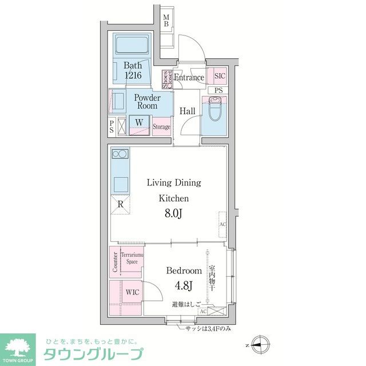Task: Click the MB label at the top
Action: (166, 21)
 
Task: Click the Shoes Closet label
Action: (166, 79)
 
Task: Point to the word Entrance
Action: (189, 78)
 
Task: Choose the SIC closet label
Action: (219, 75)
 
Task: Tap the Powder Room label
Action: (148, 102)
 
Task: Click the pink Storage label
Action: (161, 127)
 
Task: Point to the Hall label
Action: (188, 111)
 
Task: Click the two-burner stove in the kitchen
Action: (120, 154)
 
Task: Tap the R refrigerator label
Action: (121, 204)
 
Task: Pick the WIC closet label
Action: (132, 292)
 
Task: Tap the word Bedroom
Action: (184, 270)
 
